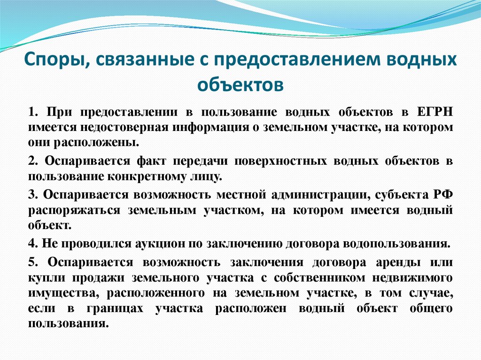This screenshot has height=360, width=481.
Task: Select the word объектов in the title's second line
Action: point(240,84)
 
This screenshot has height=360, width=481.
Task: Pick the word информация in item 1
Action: point(207,127)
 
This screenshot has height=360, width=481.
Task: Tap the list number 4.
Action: point(31,244)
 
